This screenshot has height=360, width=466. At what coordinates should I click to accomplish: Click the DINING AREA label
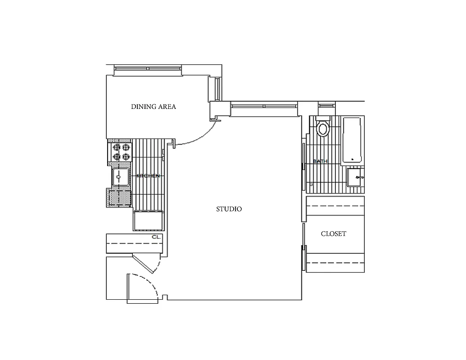[x=154, y=107]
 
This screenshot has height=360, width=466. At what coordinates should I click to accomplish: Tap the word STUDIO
[x=229, y=209]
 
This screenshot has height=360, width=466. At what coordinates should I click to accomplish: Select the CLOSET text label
[x=334, y=234]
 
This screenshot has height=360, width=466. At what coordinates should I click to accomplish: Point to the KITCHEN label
[x=148, y=176]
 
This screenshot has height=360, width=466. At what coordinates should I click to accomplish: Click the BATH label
[x=320, y=161]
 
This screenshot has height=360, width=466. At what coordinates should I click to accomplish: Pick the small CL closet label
[x=156, y=237]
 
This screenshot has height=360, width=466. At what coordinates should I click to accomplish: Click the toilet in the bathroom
[x=322, y=128]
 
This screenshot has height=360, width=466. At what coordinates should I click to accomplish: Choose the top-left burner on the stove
[x=117, y=147]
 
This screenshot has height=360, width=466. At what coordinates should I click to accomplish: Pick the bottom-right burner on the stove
[x=126, y=156]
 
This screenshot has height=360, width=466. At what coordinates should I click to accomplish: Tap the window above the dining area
[x=148, y=69]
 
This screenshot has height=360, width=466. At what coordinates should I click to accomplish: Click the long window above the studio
[x=264, y=106]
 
